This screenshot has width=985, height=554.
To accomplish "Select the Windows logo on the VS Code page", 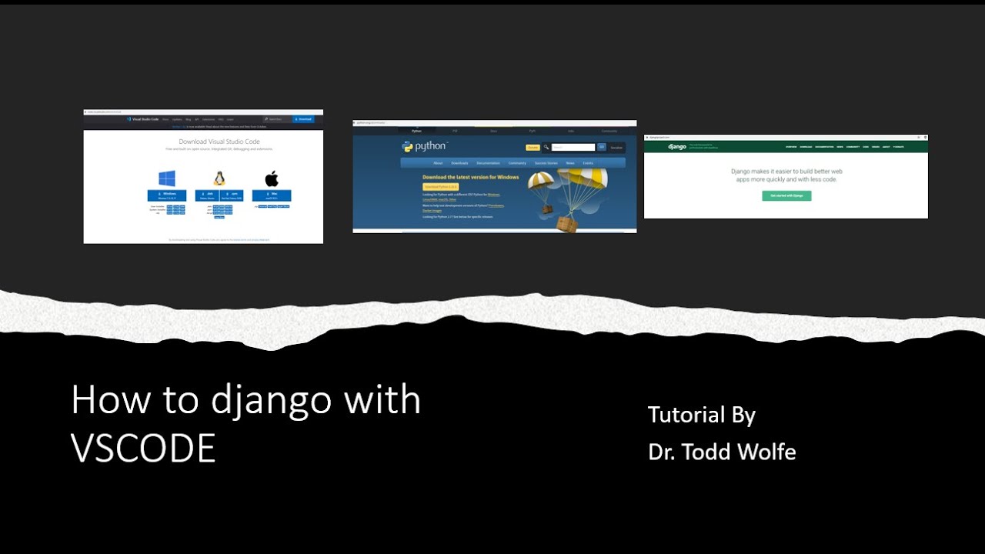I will click(167, 179).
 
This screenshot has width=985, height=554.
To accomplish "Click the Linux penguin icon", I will click(219, 179).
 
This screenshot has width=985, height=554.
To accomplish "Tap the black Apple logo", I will click(272, 179).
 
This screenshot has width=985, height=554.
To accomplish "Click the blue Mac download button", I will click(272, 195).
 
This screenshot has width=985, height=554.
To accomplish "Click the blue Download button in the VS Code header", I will click(303, 119).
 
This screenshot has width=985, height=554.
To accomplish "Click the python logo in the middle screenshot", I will click(424, 146).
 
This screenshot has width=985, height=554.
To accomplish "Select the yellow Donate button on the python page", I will click(533, 147).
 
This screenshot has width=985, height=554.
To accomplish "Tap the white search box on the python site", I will click(573, 147).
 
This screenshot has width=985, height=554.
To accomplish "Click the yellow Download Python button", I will click(441, 186).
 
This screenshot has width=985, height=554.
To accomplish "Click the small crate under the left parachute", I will click(546, 209).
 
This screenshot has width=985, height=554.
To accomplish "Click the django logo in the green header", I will click(677, 146).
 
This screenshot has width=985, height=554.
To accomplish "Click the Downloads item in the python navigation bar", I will click(459, 163).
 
